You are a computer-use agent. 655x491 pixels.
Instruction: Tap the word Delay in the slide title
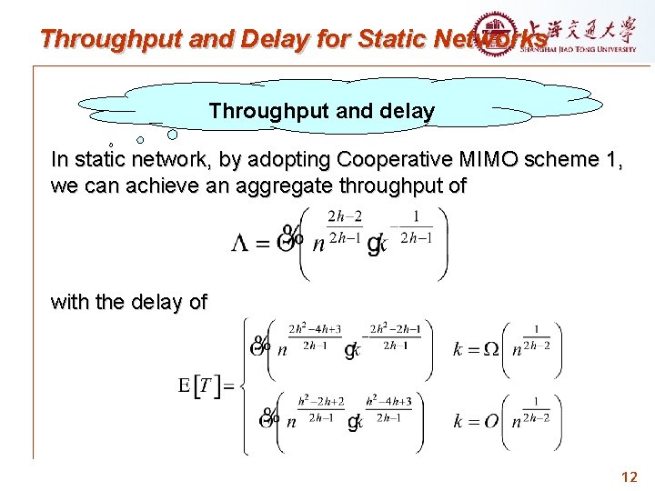click(266, 39)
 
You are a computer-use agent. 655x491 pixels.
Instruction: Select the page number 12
click(629, 476)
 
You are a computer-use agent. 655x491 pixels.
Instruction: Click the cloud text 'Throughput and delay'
click(321, 111)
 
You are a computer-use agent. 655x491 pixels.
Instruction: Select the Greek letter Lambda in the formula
click(240, 245)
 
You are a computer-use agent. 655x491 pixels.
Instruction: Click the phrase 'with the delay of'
click(129, 302)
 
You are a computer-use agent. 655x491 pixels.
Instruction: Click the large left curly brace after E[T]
click(246, 386)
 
